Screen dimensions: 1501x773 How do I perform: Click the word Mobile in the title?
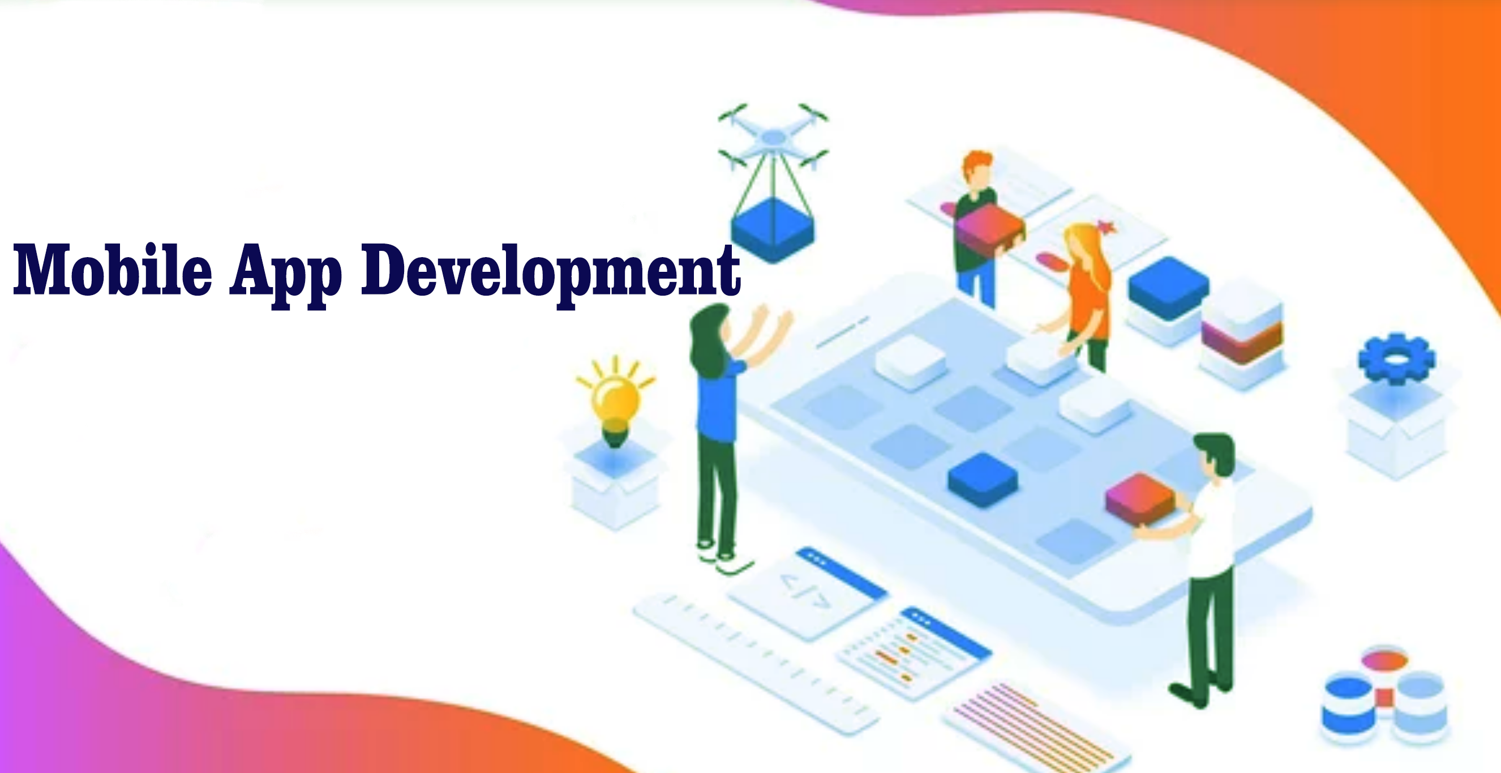[x=113, y=270]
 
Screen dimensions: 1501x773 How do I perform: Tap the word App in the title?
[x=285, y=274]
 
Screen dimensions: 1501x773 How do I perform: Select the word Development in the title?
[x=551, y=274]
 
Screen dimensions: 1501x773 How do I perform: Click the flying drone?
[x=773, y=137]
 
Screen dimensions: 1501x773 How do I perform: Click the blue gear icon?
[x=1396, y=358]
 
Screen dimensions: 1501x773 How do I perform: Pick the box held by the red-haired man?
[x=990, y=227]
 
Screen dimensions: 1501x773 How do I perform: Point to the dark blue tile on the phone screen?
[x=983, y=479]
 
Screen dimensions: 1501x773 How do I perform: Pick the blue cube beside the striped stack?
[x=1168, y=288]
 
